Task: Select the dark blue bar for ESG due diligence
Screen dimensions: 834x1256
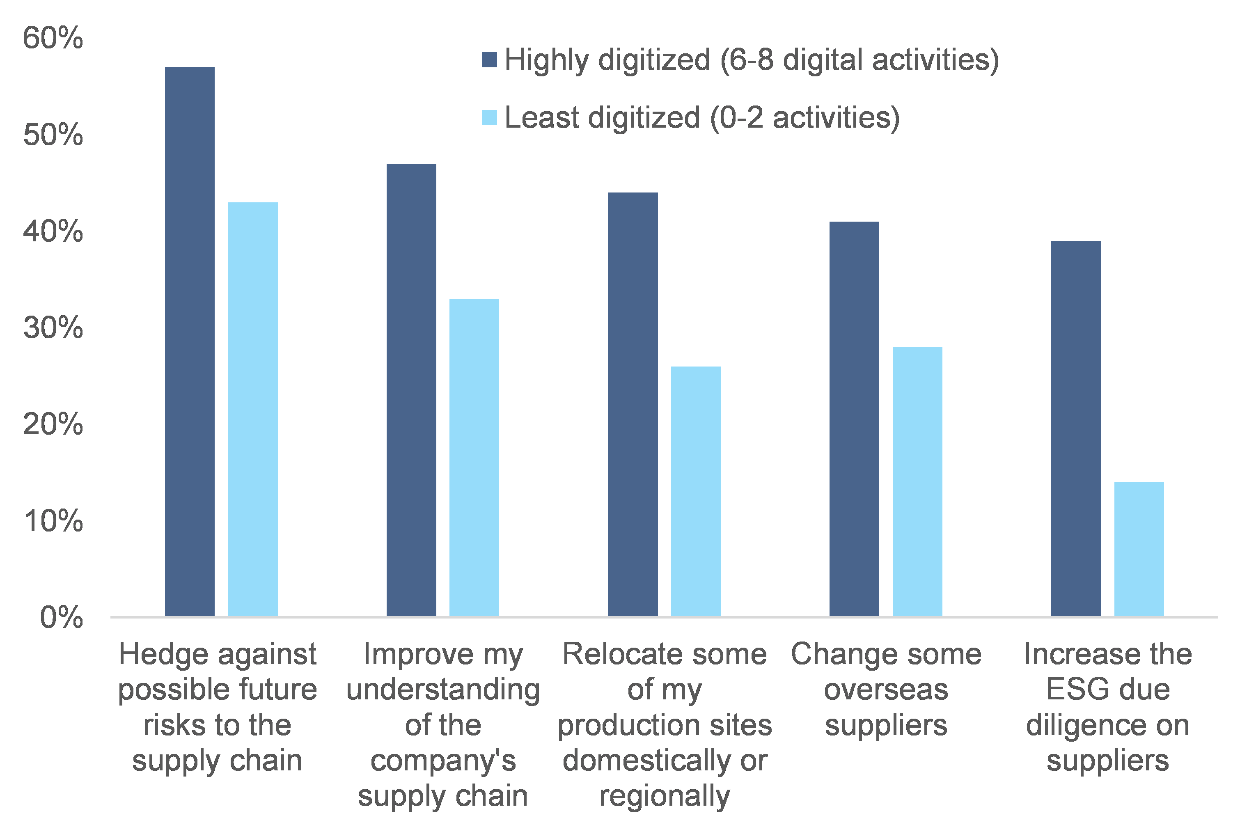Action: (1075, 428)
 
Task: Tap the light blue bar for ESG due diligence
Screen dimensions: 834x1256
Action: (1139, 549)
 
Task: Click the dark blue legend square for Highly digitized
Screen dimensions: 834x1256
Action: (489, 60)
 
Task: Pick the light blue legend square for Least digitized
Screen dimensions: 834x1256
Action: (489, 117)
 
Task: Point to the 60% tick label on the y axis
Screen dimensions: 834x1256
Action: (53, 38)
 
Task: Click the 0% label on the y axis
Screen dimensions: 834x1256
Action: (61, 618)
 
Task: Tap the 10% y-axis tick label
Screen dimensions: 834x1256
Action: (53, 521)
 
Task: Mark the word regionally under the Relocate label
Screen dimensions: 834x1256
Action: (664, 797)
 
